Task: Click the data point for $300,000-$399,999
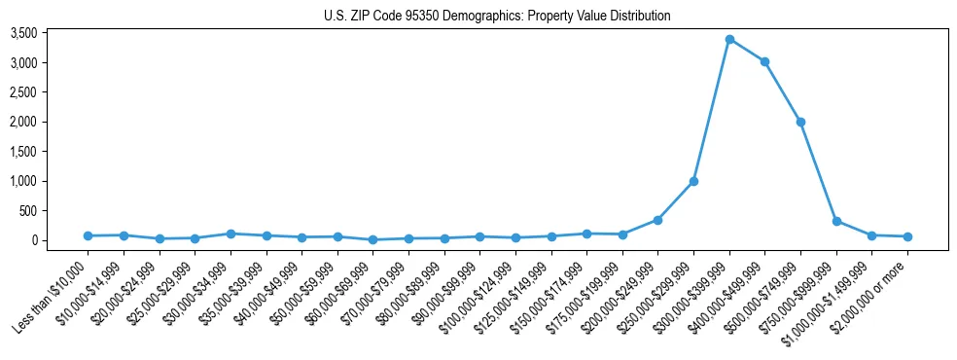(x=729, y=39)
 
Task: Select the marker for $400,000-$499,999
(x=764, y=61)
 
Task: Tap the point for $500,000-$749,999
(x=800, y=122)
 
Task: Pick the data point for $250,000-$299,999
(x=693, y=181)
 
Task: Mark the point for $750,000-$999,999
(x=836, y=221)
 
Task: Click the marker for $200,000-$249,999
(x=657, y=220)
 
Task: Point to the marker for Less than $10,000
(x=88, y=235)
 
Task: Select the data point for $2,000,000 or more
(x=907, y=236)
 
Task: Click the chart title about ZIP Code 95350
(x=497, y=16)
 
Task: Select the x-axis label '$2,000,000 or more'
(x=871, y=293)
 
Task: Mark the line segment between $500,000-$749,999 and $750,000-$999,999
(x=818, y=171)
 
